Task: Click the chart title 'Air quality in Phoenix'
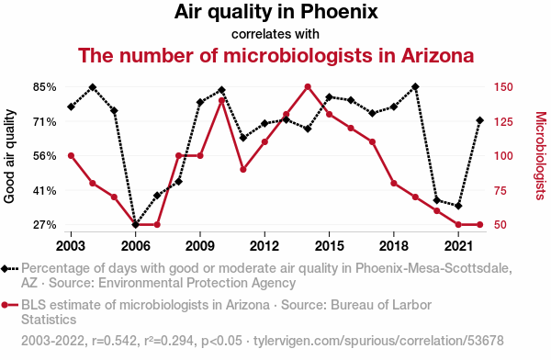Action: [275, 12]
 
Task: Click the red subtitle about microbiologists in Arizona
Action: [275, 55]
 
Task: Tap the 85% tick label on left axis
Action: [45, 87]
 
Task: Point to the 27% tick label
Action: [45, 225]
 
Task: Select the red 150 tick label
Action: [503, 87]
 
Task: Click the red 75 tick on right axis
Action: [500, 190]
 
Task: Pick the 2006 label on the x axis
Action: [136, 246]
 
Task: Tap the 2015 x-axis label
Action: [330, 246]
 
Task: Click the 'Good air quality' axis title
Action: [9, 156]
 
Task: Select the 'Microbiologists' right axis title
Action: [541, 156]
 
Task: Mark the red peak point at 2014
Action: [308, 87]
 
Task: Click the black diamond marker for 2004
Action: [93, 87]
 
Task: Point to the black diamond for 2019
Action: [415, 86]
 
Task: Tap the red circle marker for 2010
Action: [221, 100]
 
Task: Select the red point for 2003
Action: [71, 156]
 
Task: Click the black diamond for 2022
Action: [480, 120]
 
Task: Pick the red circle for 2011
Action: [243, 170]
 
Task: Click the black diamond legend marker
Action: [5, 269]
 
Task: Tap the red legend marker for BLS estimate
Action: [5, 305]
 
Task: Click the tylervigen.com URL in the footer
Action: [378, 341]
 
